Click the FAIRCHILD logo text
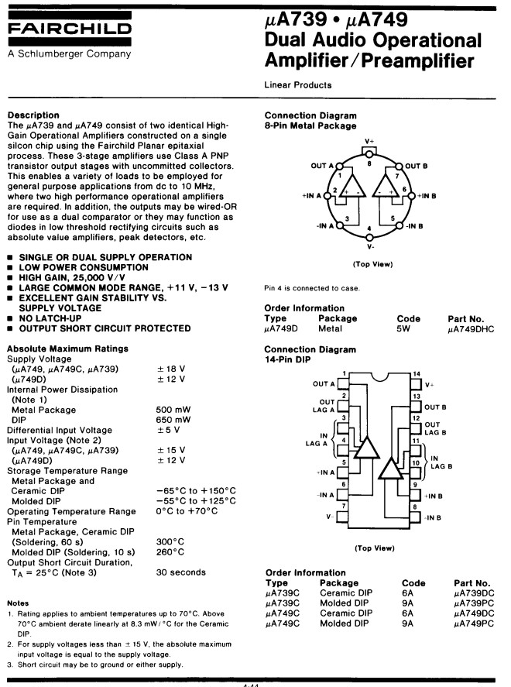70,29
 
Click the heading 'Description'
33,115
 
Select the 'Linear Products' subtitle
298,85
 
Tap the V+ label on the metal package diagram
369,142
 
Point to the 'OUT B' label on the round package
416,166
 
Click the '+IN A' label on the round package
312,196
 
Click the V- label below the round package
370,246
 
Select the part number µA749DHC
471,329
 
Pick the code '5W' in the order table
403,328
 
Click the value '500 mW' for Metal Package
173,410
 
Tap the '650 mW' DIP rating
173,420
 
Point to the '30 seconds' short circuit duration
181,572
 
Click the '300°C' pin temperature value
170,541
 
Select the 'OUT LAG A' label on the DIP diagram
324,406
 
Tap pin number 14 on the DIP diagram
416,374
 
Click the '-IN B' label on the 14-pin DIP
433,518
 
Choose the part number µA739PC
474,603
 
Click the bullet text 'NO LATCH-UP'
50,318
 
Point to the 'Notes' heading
18,603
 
